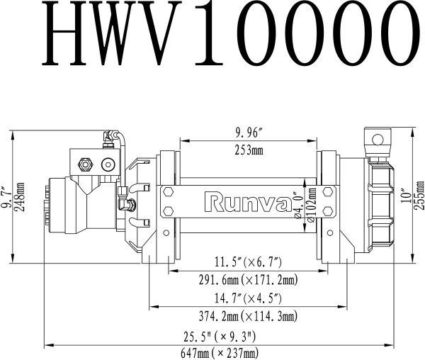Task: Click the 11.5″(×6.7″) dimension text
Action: coord(247,261)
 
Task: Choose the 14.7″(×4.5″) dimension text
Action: coord(247,298)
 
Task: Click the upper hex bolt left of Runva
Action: coord(169,192)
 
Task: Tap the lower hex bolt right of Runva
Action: coord(327,211)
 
